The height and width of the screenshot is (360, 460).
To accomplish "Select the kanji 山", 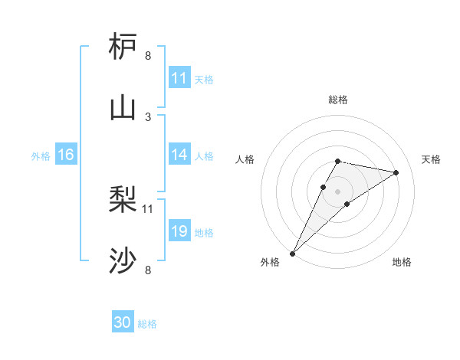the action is (123, 108).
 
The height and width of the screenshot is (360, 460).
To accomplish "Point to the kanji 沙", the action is (123, 261).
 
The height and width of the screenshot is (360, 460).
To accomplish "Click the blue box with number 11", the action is (179, 78).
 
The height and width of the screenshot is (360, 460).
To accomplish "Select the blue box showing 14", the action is (179, 155).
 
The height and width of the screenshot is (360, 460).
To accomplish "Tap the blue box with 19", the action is (179, 231).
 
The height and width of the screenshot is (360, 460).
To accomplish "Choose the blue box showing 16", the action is (66, 155).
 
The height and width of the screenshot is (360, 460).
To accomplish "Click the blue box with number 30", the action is (123, 322).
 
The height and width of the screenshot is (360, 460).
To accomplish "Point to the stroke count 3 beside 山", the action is (148, 116).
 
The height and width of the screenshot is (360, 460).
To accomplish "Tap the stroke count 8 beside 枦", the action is (148, 55).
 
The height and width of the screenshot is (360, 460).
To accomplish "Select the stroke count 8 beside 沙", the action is (148, 270).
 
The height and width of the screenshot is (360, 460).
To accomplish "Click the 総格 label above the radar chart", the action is (338, 100).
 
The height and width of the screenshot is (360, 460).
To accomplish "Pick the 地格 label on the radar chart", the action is (402, 262).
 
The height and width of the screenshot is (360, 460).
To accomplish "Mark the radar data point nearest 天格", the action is (396, 172).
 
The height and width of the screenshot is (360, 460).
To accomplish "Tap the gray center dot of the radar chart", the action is (338, 191).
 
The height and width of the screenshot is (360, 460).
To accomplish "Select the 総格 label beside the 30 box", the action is (147, 324).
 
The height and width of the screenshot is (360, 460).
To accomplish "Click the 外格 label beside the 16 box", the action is (41, 156).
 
